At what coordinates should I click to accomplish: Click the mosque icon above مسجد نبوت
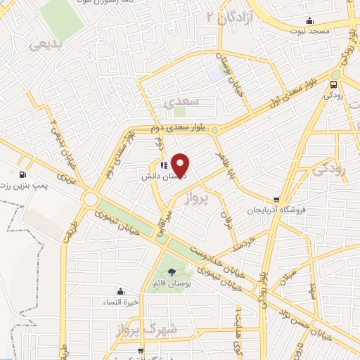coord(310,21)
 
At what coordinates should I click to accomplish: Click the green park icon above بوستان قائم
coord(173,273)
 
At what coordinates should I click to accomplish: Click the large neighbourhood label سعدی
coord(182,101)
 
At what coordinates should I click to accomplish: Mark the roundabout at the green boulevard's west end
coord(91,200)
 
